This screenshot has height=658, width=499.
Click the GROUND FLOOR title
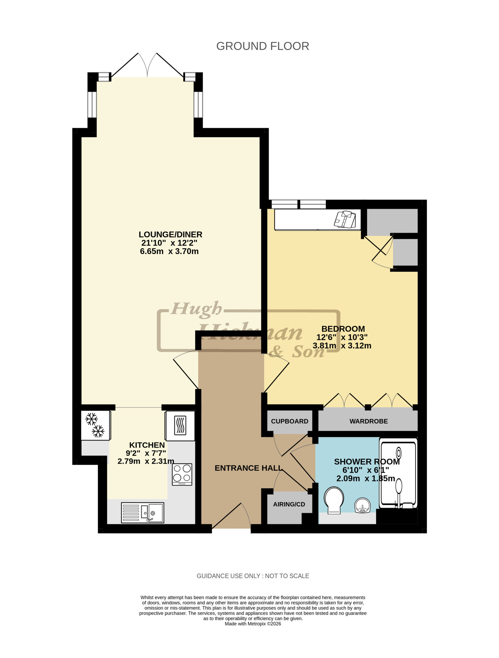262,46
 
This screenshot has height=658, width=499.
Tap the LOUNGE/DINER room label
170,234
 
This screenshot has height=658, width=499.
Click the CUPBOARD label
289,421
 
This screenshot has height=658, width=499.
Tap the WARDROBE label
369,421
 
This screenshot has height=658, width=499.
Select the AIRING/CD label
289,504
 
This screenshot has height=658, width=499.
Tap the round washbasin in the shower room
362,505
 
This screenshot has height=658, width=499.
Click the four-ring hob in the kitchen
182,474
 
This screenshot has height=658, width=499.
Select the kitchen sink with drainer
142,513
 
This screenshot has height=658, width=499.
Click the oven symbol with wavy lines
180,425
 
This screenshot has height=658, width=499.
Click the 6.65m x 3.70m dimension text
169,251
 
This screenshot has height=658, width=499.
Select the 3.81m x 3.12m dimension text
342,346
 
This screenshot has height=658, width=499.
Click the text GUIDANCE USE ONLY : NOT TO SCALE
253,576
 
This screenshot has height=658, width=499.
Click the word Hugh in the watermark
196,309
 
